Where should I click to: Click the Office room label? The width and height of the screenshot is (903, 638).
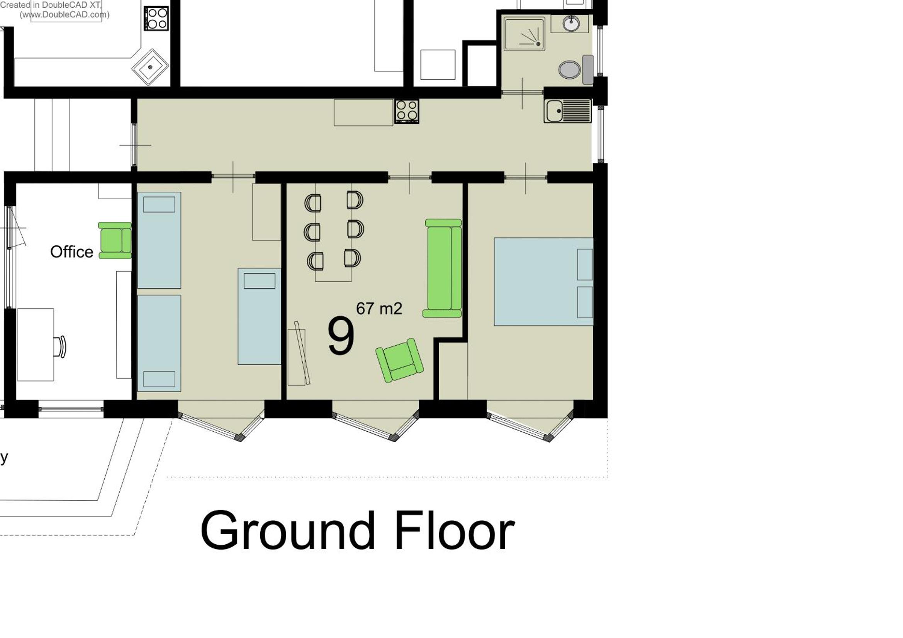[x=71, y=252]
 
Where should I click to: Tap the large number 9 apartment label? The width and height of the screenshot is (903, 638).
[x=341, y=336]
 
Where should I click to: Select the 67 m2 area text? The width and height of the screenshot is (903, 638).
[x=379, y=309]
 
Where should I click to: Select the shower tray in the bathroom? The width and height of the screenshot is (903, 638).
[x=524, y=34]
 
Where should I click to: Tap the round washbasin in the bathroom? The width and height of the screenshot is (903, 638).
[x=571, y=23]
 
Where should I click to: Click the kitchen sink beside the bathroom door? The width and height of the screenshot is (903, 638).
[x=567, y=111]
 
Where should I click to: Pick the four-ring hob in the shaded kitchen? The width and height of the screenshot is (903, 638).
[x=407, y=111]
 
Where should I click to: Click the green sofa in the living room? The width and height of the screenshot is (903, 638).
[x=443, y=268]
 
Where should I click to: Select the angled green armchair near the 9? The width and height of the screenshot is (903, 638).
[x=400, y=360]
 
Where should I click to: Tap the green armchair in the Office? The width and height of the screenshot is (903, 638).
[x=115, y=240]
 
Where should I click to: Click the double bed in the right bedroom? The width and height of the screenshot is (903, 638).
[x=543, y=282]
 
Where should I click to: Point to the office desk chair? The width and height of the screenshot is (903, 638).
[x=61, y=347]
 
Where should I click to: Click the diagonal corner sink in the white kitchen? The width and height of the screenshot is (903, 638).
[x=150, y=67]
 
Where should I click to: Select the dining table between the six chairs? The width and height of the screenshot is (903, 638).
[x=333, y=233]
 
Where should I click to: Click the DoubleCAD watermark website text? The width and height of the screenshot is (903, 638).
[x=64, y=15]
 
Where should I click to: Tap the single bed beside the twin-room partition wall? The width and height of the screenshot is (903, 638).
[x=260, y=317]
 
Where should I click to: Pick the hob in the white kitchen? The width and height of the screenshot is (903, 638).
[x=156, y=19]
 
